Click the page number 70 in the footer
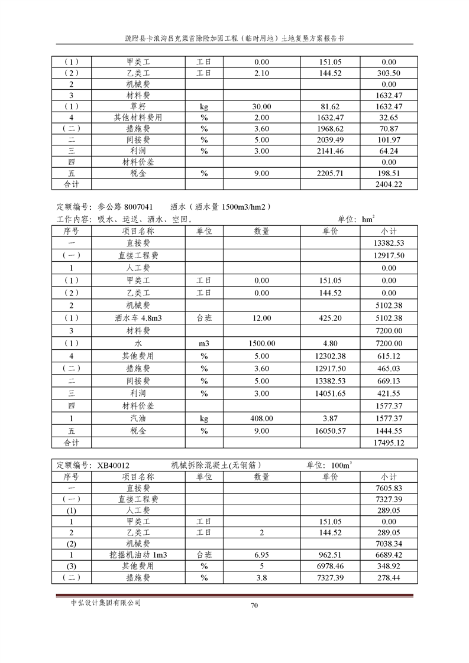tap(254, 604)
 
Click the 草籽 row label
tap(138, 106)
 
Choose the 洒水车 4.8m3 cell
tap(138, 318)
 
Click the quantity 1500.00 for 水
tap(262, 343)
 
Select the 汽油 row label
tap(138, 418)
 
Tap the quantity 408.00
tap(262, 418)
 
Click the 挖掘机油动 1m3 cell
tap(138, 555)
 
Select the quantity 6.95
tap(262, 555)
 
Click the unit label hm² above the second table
tap(368, 219)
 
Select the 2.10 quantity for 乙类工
tap(262, 73)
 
